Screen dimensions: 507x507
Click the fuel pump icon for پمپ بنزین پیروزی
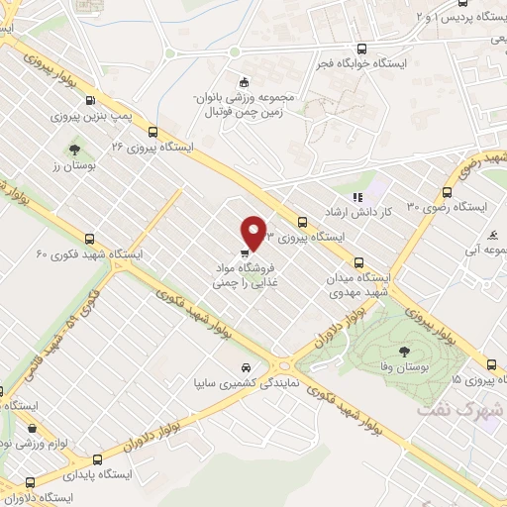point(91,99)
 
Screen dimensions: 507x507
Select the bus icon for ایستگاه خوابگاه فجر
point(364,50)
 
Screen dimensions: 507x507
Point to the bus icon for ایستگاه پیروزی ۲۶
point(152,130)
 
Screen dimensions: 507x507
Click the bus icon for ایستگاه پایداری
point(97,458)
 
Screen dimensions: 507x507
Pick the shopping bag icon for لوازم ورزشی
point(36,429)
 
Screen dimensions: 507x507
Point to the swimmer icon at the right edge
point(493,235)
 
